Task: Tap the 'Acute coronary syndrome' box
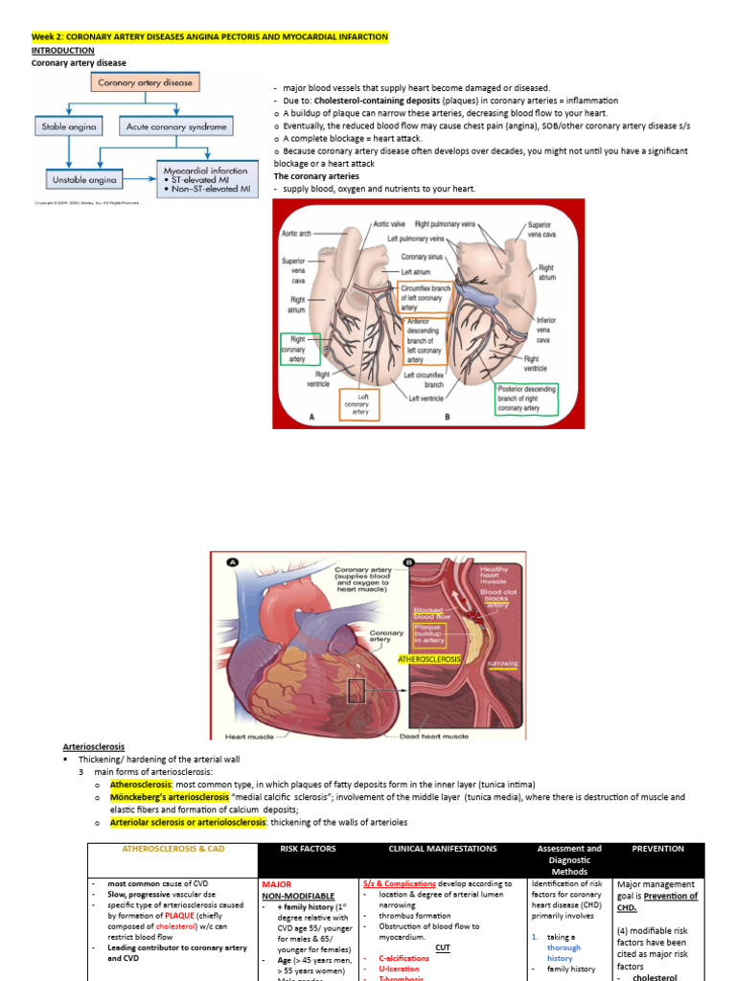(177, 126)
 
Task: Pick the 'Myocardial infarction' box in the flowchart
(207, 178)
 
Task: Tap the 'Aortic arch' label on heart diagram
(298, 233)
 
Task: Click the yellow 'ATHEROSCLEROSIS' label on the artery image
(429, 659)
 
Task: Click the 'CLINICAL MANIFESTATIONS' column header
(443, 848)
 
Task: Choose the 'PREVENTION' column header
(657, 848)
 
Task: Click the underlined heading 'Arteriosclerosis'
(94, 746)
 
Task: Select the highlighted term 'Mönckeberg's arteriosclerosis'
(170, 797)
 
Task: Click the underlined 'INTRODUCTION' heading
(63, 50)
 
